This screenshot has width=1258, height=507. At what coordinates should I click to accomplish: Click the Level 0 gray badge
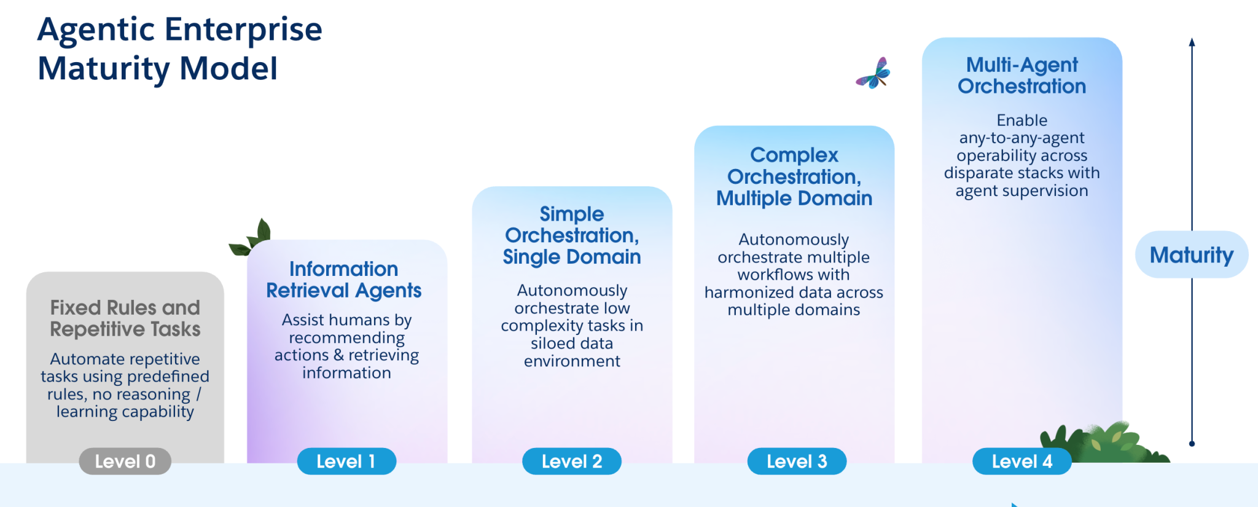[x=125, y=462]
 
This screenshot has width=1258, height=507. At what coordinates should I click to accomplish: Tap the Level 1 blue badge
[x=346, y=462]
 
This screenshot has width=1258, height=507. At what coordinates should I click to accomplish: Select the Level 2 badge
[x=571, y=462]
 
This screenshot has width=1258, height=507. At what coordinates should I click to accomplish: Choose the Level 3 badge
[x=796, y=462]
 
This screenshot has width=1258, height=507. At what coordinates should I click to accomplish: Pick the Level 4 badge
[x=1022, y=462]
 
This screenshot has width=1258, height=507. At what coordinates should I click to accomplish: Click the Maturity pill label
[x=1191, y=254]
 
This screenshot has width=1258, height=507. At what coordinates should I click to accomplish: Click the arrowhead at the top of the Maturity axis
[x=1192, y=42]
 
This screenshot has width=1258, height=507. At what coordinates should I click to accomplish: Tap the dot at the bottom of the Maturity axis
[x=1192, y=443]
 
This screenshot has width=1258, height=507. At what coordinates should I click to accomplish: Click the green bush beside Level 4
[x=1106, y=441]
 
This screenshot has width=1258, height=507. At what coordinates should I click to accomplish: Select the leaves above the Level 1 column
[x=253, y=238]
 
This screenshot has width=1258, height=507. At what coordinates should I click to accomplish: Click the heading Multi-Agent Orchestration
[x=1022, y=75]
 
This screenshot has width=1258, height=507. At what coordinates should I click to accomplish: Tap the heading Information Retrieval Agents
[x=343, y=280]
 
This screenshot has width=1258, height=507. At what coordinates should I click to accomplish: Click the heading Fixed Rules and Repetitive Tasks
[x=125, y=318]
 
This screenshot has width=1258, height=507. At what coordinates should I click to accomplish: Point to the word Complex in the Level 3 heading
[x=794, y=155]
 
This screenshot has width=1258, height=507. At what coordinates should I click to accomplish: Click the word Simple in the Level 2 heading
[x=571, y=214]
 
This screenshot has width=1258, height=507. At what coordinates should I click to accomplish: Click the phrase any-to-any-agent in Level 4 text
[x=1022, y=138]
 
